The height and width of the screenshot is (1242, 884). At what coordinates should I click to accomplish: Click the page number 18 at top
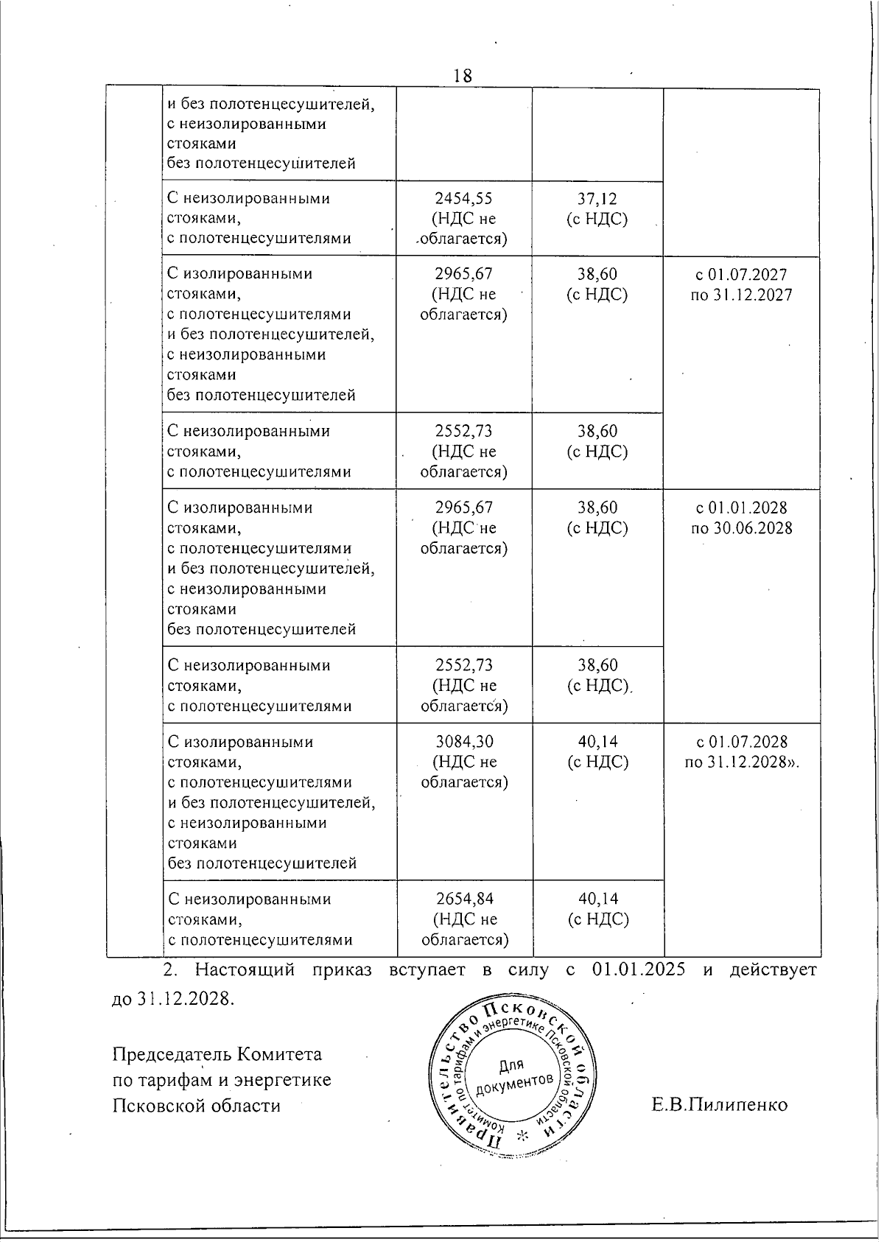point(463,75)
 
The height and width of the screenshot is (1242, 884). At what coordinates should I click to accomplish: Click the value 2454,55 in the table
point(463,198)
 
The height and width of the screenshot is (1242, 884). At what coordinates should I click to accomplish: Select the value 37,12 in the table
point(597,198)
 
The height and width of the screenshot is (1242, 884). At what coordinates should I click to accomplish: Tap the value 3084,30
point(464,742)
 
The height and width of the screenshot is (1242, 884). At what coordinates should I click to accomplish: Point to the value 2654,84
point(464,899)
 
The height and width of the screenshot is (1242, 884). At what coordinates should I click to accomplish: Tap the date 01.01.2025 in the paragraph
point(638,969)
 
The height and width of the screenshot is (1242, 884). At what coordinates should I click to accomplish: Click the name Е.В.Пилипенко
point(719,1105)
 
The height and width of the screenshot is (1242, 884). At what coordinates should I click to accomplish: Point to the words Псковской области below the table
point(196,1105)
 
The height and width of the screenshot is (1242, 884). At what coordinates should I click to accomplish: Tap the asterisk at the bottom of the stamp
point(524,1135)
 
